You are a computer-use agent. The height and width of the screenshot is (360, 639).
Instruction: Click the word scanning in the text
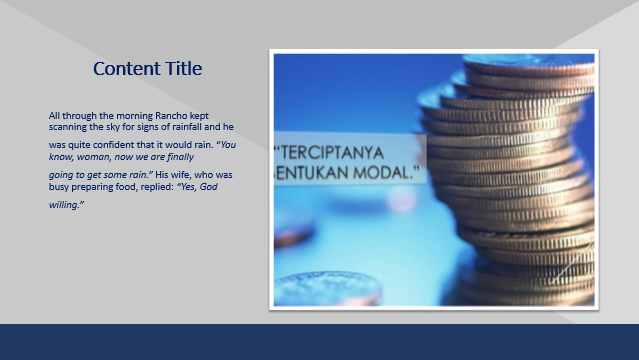pyautogui.click(x=69, y=127)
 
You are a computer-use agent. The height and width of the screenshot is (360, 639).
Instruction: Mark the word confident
pyautogui.click(x=103, y=145)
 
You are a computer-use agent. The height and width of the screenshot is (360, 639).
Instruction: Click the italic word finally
pyautogui.click(x=177, y=157)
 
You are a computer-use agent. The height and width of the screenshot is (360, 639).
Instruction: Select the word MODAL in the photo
pyautogui.click(x=383, y=173)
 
